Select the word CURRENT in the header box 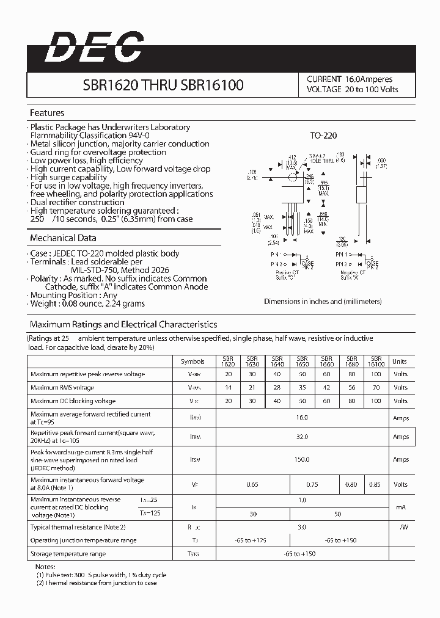pyautogui.click(x=324, y=79)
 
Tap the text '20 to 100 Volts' pyautogui.click(x=371, y=90)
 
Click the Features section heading pyautogui.click(x=47, y=113)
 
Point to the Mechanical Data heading pyautogui.click(x=63, y=238)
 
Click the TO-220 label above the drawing pyautogui.click(x=323, y=136)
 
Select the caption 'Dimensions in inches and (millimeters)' pyautogui.click(x=323, y=301)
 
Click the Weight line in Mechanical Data pyautogui.click(x=88, y=304)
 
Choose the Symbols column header pyautogui.click(x=193, y=362)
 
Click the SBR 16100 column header pyautogui.click(x=376, y=362)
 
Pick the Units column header pyautogui.click(x=400, y=362)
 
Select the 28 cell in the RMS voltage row pyautogui.click(x=277, y=388)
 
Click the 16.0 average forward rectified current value pyautogui.click(x=302, y=418)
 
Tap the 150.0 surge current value pyautogui.click(x=302, y=459)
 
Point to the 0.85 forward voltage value pyautogui.click(x=375, y=484)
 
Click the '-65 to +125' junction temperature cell pyautogui.click(x=252, y=540)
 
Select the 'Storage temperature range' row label pyautogui.click(x=68, y=554)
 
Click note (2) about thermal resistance pyautogui.click(x=97, y=583)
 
